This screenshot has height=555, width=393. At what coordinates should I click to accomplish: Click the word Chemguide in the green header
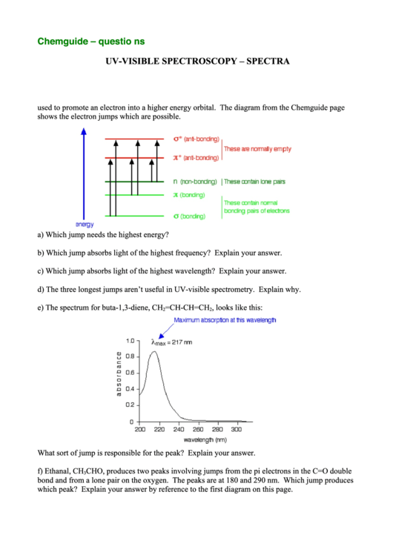click(62, 41)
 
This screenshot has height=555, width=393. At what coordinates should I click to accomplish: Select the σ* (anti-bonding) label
click(196, 139)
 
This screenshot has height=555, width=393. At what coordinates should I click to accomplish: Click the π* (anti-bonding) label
click(196, 158)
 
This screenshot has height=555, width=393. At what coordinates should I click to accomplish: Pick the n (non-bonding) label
click(195, 182)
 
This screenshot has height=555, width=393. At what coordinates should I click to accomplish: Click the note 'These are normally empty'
click(257, 149)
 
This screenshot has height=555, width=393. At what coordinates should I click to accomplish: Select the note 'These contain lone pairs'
click(254, 182)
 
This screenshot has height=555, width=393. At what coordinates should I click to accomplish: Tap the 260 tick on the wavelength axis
click(198, 429)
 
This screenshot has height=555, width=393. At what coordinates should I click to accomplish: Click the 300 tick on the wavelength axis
click(236, 429)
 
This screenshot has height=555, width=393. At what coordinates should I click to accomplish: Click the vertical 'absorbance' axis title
click(118, 373)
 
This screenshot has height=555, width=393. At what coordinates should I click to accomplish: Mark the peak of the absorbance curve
click(154, 351)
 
